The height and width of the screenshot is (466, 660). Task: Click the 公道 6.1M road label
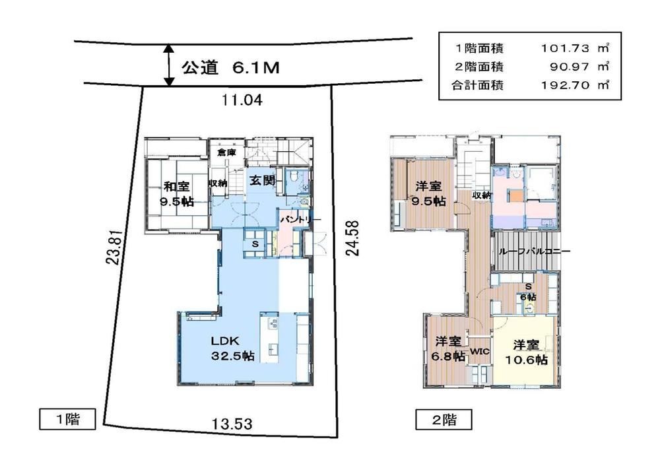230,67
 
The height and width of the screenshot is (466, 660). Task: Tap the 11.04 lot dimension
242,100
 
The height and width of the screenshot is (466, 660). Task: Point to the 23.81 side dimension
114,247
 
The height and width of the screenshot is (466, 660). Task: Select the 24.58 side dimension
352,238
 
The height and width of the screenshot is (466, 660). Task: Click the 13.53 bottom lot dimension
232,423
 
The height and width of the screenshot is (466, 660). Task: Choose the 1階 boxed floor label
68,419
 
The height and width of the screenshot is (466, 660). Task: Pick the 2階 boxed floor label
444,419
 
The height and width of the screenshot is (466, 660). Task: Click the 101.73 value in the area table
565,48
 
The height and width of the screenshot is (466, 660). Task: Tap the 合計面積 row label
477,85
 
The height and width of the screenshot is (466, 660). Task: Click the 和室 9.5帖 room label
176,193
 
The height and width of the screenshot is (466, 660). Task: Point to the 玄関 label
262,181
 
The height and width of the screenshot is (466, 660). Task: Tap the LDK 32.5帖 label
233,348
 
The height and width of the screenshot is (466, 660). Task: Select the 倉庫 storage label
226,152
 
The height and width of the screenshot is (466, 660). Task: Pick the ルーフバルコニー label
534,251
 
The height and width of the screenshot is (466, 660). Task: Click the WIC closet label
479,350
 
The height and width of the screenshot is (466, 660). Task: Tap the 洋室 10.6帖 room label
526,352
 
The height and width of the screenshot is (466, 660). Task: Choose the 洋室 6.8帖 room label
448,349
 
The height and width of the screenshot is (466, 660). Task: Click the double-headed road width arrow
169,65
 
